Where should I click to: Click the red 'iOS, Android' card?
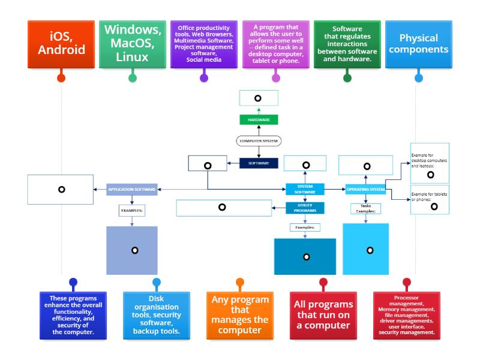61,44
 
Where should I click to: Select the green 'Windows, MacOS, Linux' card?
133,44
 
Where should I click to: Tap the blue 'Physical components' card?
418,44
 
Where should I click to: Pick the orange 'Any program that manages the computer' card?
240,315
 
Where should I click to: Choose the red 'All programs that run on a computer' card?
323,315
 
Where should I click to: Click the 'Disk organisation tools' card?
157,315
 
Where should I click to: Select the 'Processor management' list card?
406,315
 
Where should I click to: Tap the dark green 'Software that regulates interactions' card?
347,44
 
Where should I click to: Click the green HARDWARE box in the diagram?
259,120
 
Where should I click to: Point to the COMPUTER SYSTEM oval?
259,141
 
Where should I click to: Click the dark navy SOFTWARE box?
259,163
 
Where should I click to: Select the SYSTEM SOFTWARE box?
305,189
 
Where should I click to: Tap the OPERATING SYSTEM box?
365,190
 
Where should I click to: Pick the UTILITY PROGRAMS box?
305,208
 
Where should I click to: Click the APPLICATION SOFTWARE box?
132,190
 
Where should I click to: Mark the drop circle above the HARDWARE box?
258,98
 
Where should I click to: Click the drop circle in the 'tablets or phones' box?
434,206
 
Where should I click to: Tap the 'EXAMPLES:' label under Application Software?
132,211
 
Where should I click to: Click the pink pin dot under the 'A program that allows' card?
275,77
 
